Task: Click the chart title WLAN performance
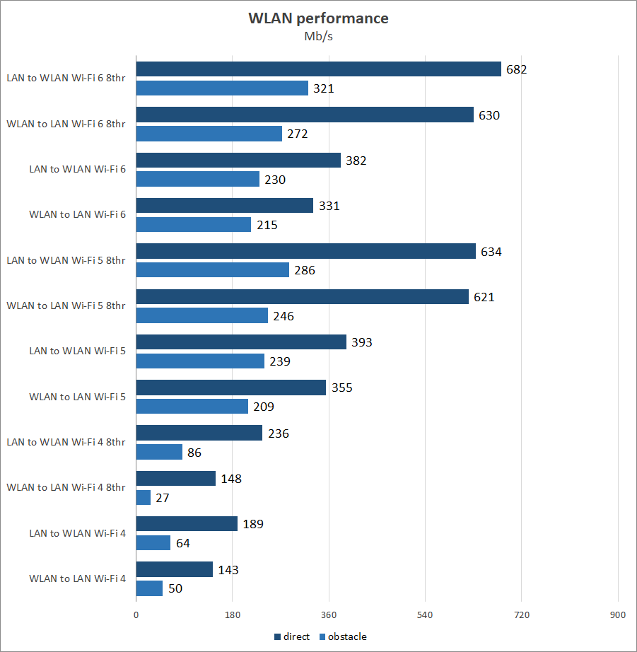(x=318, y=18)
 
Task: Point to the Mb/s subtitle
(x=318, y=37)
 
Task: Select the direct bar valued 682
(x=318, y=69)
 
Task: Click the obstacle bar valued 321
(x=222, y=88)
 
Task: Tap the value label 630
(x=489, y=115)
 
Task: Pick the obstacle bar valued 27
(x=144, y=498)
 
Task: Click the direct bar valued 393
(x=241, y=342)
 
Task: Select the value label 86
(x=194, y=452)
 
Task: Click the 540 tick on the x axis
(x=425, y=615)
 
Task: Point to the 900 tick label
(x=618, y=615)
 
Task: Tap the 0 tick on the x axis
(x=136, y=615)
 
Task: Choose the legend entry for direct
(x=292, y=636)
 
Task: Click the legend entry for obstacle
(x=344, y=636)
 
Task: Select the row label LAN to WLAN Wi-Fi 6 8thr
(x=66, y=78)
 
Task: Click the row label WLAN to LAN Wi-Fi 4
(x=77, y=578)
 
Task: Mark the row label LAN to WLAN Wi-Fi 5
(x=77, y=351)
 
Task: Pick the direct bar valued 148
(x=175, y=479)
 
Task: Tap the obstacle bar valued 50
(x=149, y=588)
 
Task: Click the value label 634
(x=491, y=251)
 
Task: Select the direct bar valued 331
(x=224, y=206)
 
